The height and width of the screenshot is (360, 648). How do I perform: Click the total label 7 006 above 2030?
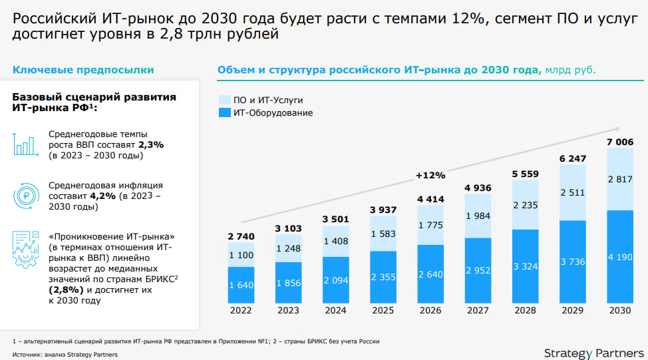click(x=619, y=141)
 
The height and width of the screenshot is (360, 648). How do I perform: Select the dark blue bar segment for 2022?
click(x=240, y=285)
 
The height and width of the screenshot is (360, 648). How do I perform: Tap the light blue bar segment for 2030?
click(x=619, y=178)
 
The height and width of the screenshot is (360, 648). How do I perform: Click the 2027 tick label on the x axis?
click(x=477, y=310)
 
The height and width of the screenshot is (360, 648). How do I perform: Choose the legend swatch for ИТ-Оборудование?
click(x=224, y=112)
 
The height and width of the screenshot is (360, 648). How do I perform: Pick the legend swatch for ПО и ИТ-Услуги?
click(x=224, y=100)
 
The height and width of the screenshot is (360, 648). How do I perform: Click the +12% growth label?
click(x=430, y=175)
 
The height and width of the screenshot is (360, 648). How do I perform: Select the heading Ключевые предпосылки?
click(x=83, y=69)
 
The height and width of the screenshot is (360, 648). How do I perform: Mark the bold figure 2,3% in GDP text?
click(x=151, y=144)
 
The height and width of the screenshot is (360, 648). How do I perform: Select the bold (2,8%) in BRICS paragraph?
click(x=66, y=290)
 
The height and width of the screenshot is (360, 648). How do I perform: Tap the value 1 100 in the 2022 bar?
click(x=240, y=255)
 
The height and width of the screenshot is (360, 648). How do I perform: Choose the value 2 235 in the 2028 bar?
click(x=525, y=205)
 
